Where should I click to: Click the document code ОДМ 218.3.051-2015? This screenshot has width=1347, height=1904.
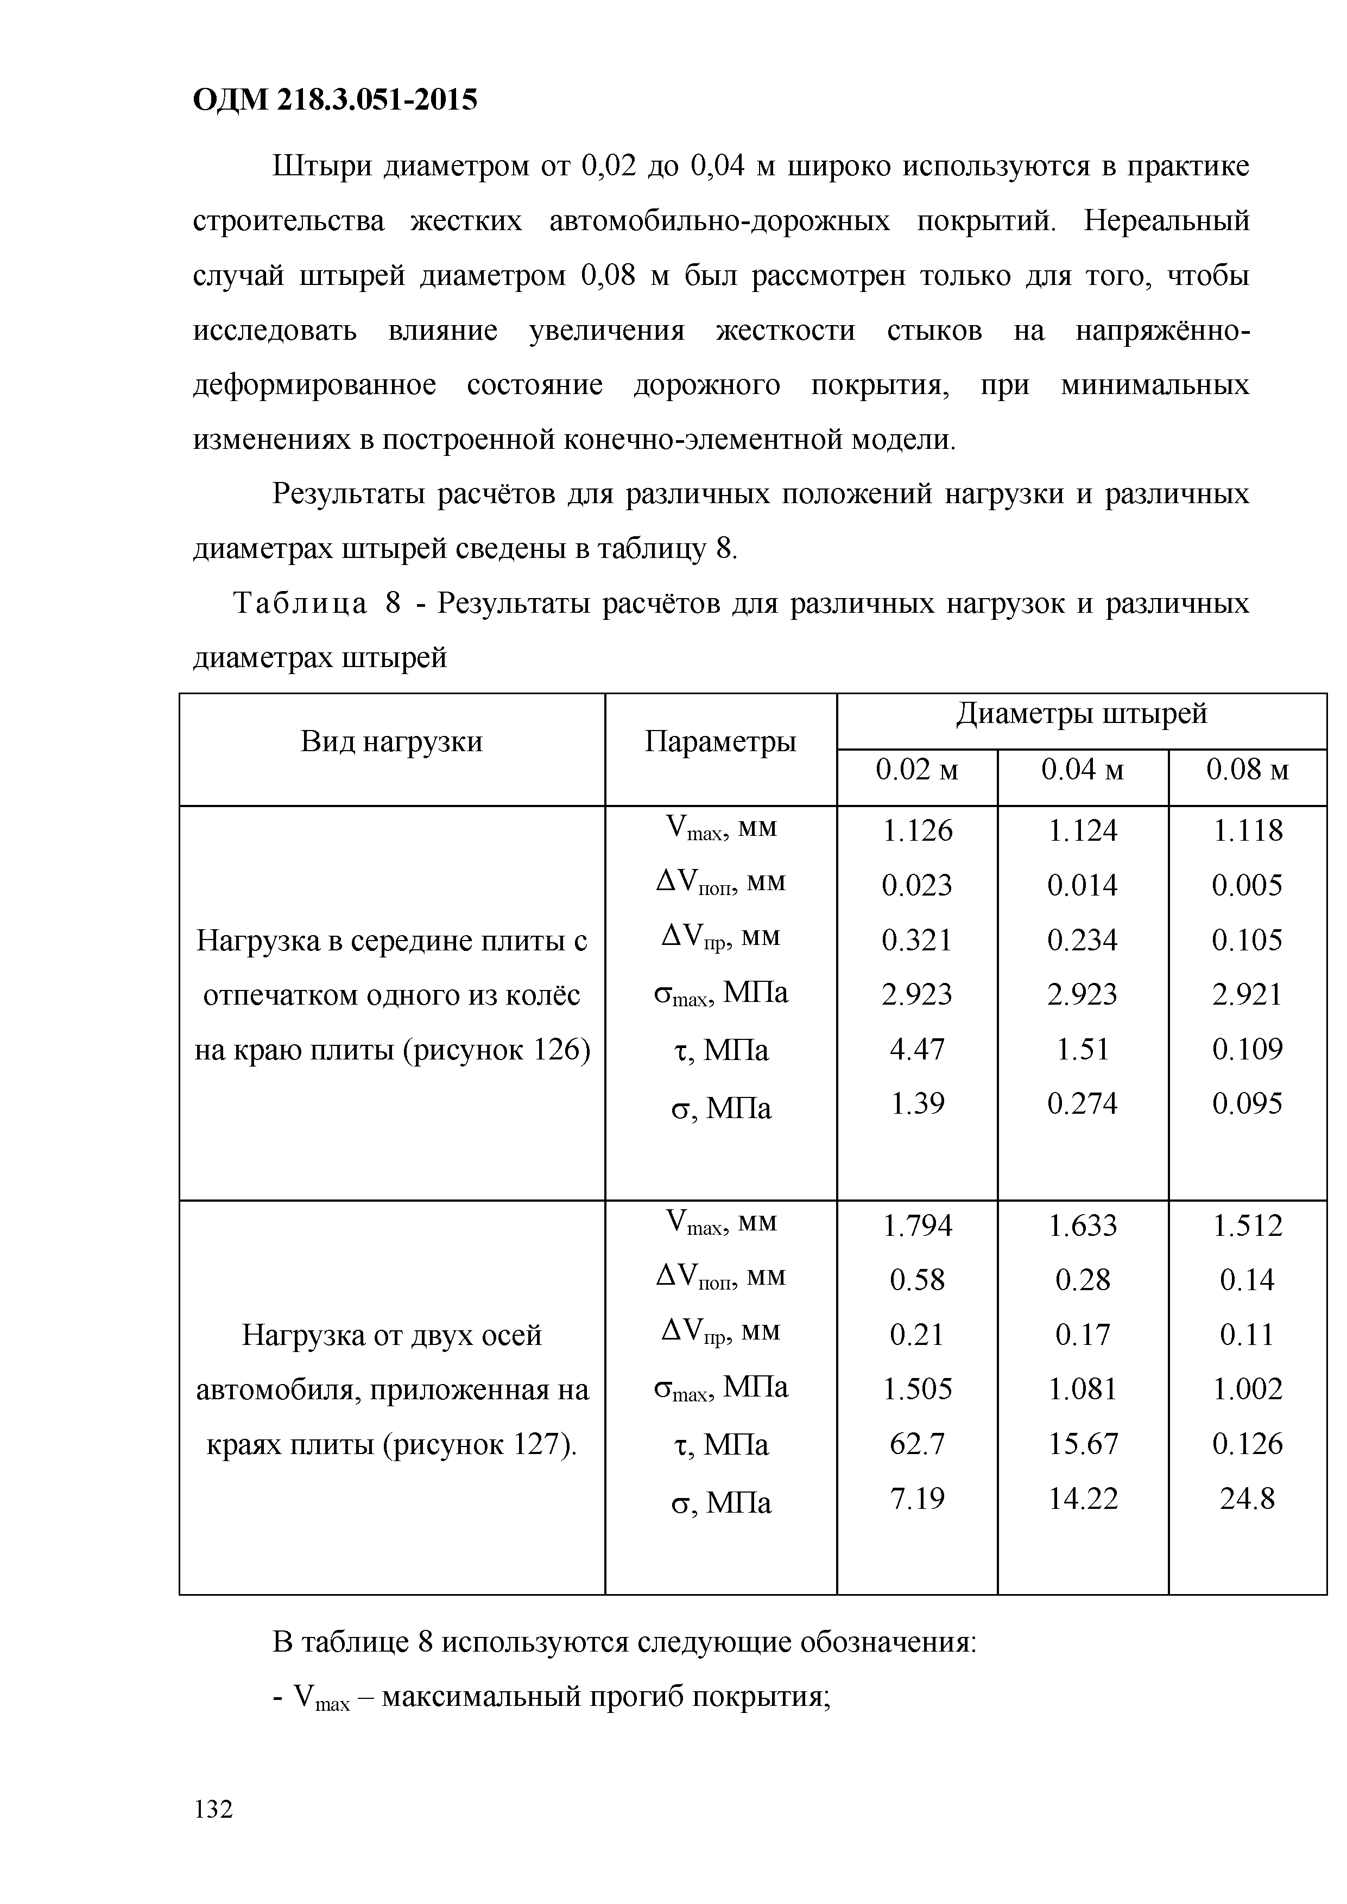[x=335, y=100]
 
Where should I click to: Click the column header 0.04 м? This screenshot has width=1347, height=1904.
[x=1083, y=770]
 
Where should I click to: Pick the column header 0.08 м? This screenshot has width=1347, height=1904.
[x=1248, y=770]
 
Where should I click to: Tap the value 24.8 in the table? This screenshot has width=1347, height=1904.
[x=1248, y=1499]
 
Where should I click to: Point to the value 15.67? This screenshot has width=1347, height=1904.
[x=1083, y=1444]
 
